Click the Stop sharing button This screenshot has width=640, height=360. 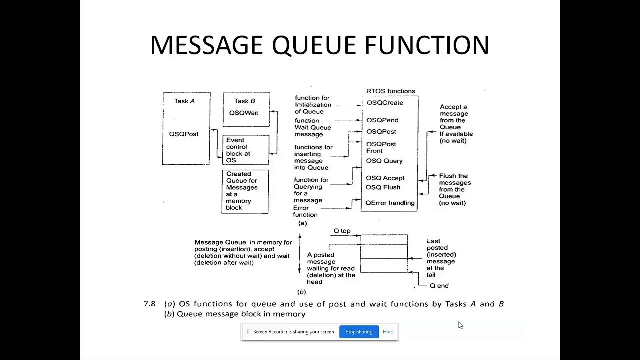click(359, 332)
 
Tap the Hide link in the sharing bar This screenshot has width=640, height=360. click(388, 332)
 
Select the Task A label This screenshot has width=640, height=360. click(184, 101)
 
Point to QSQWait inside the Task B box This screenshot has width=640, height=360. click(244, 113)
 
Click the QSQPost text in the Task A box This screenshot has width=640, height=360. click(184, 134)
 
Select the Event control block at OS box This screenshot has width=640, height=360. click(245, 150)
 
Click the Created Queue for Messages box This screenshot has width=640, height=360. click(245, 191)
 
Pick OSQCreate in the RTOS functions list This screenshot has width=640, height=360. click(385, 103)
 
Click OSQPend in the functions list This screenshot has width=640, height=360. click(382, 120)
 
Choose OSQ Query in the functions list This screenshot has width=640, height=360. click(384, 161)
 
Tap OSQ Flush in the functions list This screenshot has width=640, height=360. click(383, 187)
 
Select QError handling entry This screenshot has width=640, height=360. click(390, 203)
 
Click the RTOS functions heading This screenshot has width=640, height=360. click(391, 91)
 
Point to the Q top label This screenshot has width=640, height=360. click(342, 231)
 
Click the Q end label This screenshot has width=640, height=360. click(439, 286)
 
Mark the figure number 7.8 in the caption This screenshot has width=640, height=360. click(149, 304)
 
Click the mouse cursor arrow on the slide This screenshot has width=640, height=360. click(460, 325)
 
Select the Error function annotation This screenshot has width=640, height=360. click(305, 211)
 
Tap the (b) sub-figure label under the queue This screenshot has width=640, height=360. click(301, 292)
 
